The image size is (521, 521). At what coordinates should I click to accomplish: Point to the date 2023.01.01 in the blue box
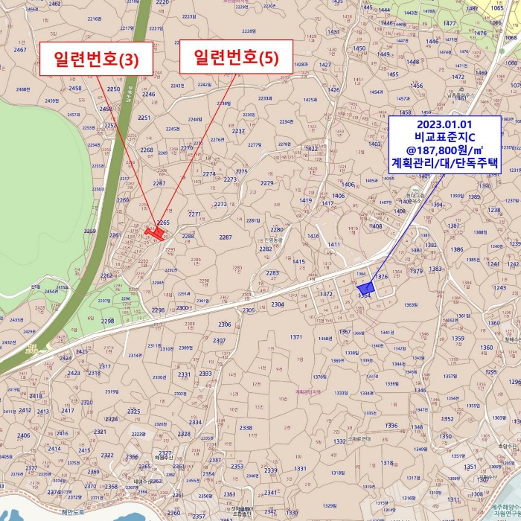(x=445, y=124)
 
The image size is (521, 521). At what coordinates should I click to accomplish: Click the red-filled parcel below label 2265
(x=157, y=233)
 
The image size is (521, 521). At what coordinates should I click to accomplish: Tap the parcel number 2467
(x=21, y=49)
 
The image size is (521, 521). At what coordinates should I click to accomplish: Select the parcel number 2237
(x=238, y=131)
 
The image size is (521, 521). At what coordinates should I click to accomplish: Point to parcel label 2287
(x=225, y=237)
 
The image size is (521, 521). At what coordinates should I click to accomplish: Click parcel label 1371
(x=296, y=337)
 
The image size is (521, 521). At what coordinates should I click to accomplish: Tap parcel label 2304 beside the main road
(x=278, y=304)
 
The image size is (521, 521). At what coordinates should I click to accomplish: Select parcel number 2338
(x=246, y=428)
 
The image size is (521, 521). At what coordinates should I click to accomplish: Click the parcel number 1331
(x=300, y=468)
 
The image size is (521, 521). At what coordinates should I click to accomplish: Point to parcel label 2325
(x=133, y=412)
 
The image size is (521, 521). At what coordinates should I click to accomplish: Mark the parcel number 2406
(x=24, y=436)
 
